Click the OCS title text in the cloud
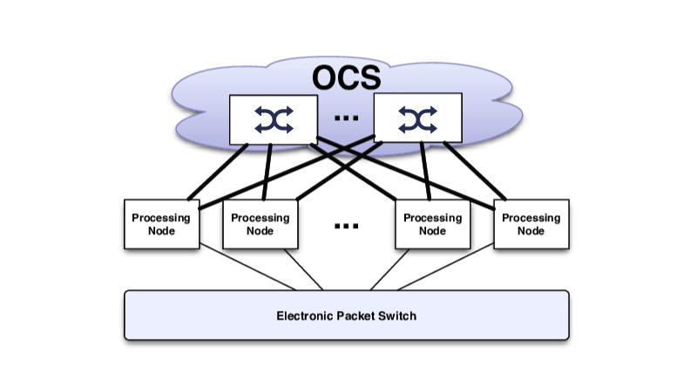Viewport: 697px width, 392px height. click(x=348, y=76)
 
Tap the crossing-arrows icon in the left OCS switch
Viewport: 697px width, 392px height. click(x=274, y=119)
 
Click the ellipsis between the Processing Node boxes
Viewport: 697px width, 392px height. click(x=347, y=226)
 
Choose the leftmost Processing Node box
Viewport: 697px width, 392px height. click(x=161, y=224)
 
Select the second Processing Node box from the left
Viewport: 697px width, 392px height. click(x=260, y=224)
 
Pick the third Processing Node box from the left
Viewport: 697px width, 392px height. click(x=432, y=224)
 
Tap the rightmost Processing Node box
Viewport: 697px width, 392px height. click(x=531, y=224)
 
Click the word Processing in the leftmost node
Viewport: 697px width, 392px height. click(x=161, y=218)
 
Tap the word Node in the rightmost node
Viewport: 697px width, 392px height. click(x=531, y=231)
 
